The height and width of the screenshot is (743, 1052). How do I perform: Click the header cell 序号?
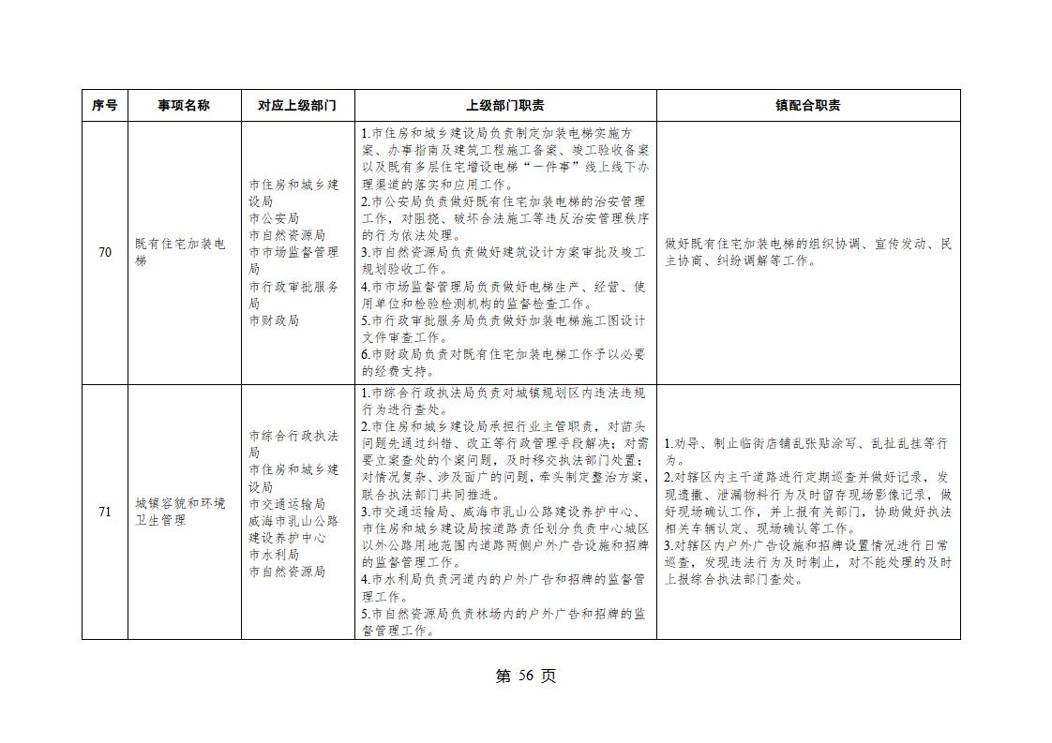(105, 106)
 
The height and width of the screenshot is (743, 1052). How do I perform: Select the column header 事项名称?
(184, 106)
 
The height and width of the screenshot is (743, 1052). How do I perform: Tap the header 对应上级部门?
(297, 106)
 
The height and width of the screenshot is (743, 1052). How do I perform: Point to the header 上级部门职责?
(505, 106)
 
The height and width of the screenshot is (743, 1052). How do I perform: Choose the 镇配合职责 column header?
(807, 106)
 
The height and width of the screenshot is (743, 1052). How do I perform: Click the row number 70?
(105, 253)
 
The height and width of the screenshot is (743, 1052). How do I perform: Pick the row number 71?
(105, 512)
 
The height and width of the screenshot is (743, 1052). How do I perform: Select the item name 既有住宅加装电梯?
(180, 252)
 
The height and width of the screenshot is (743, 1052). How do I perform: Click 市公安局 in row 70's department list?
(274, 218)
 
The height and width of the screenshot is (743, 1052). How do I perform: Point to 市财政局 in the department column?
(274, 320)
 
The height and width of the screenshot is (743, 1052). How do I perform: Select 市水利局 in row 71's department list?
(274, 555)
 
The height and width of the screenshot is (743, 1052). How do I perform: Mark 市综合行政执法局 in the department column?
(293, 444)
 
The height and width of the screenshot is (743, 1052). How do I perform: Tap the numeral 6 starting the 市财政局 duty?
(365, 355)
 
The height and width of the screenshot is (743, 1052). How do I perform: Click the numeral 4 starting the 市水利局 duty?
(365, 580)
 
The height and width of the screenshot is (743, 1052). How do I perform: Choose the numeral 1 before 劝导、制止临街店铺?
(668, 443)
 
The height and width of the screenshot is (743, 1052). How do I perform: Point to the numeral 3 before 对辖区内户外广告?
(668, 545)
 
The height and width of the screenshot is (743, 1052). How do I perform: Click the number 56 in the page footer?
(525, 676)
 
